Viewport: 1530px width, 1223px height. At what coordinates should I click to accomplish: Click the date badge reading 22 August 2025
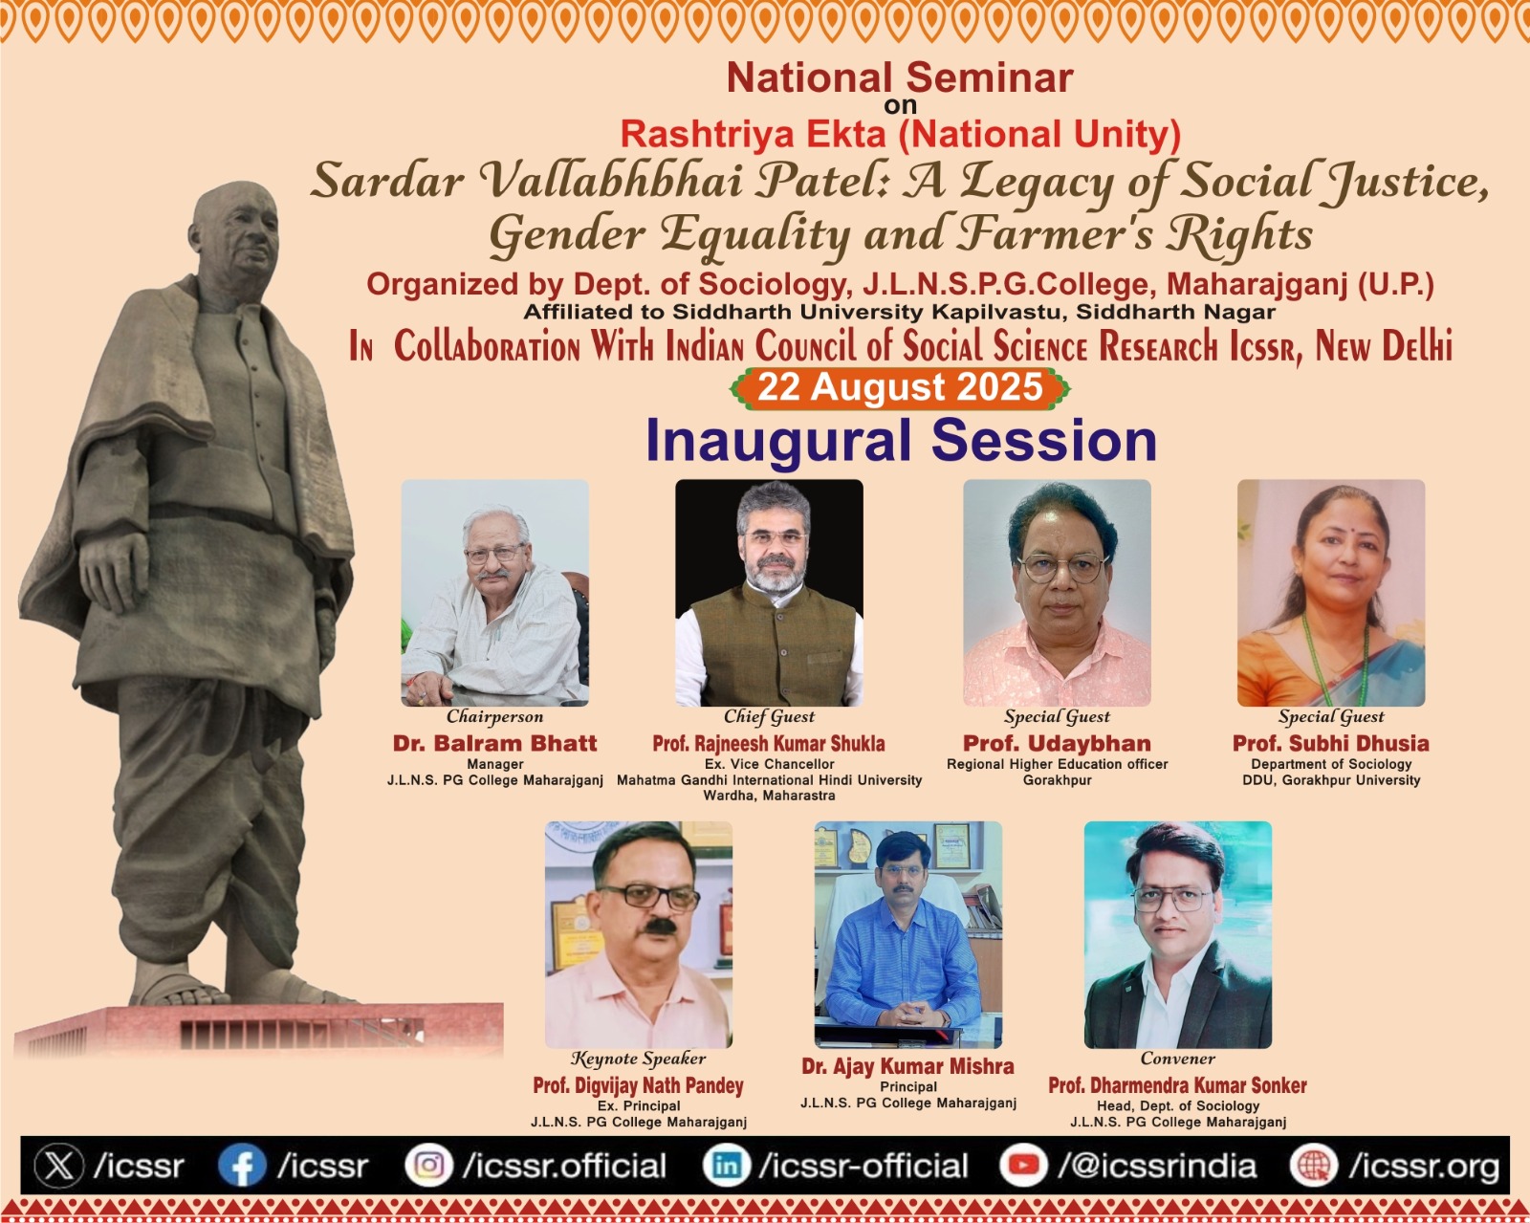pos(900,388)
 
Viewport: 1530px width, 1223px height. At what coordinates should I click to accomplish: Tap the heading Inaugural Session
pos(901,442)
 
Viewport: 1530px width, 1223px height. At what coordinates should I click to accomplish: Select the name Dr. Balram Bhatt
pos(494,744)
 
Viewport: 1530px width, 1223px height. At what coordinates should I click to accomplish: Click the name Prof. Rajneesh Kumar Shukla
pos(769,744)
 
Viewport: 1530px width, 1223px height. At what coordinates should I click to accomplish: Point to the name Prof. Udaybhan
pos(1057,744)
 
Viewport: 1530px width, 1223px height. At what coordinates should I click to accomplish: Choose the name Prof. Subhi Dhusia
pos(1331,744)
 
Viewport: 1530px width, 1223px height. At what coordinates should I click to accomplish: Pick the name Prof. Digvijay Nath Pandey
pos(639,1085)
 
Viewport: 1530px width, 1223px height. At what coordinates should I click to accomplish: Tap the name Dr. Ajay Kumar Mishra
pos(907,1066)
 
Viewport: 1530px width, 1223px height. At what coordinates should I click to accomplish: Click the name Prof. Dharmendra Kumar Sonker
pos(1177,1085)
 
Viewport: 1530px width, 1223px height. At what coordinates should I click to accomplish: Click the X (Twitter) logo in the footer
pos(59,1167)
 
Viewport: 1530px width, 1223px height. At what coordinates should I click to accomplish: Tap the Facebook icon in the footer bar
pos(243,1167)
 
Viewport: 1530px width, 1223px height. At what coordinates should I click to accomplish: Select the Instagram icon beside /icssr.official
pos(428,1167)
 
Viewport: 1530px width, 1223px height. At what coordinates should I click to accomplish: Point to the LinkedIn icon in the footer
pos(727,1167)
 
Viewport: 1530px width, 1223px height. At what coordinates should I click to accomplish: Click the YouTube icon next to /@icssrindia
pos(1024,1167)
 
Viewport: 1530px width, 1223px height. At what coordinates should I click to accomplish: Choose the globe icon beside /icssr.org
pos(1315,1167)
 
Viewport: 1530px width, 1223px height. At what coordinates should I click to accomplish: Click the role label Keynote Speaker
pos(639,1059)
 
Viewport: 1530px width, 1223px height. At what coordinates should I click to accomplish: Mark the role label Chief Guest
pos(769,717)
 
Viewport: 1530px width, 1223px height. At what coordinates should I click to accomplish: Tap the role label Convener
pos(1177,1059)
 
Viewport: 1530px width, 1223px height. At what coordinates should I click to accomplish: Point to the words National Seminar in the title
pos(900,77)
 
